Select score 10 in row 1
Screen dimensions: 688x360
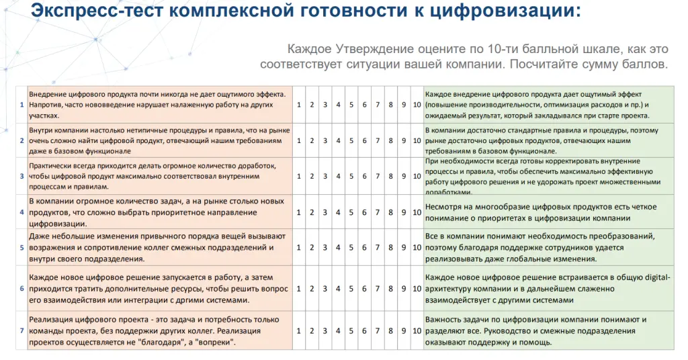(x=417, y=104)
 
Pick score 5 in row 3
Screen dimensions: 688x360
(x=351, y=177)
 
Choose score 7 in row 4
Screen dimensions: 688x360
(x=378, y=212)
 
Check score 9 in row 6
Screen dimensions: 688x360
(x=404, y=288)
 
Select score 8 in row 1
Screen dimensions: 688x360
(x=390, y=104)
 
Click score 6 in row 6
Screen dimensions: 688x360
(x=364, y=288)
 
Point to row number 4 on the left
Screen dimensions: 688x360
(x=21, y=212)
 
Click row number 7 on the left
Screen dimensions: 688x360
(x=21, y=330)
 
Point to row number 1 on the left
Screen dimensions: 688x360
(x=21, y=104)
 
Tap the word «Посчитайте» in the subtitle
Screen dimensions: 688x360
(x=544, y=65)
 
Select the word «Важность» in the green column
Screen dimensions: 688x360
(x=446, y=320)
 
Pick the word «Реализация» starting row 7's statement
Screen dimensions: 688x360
(x=53, y=320)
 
